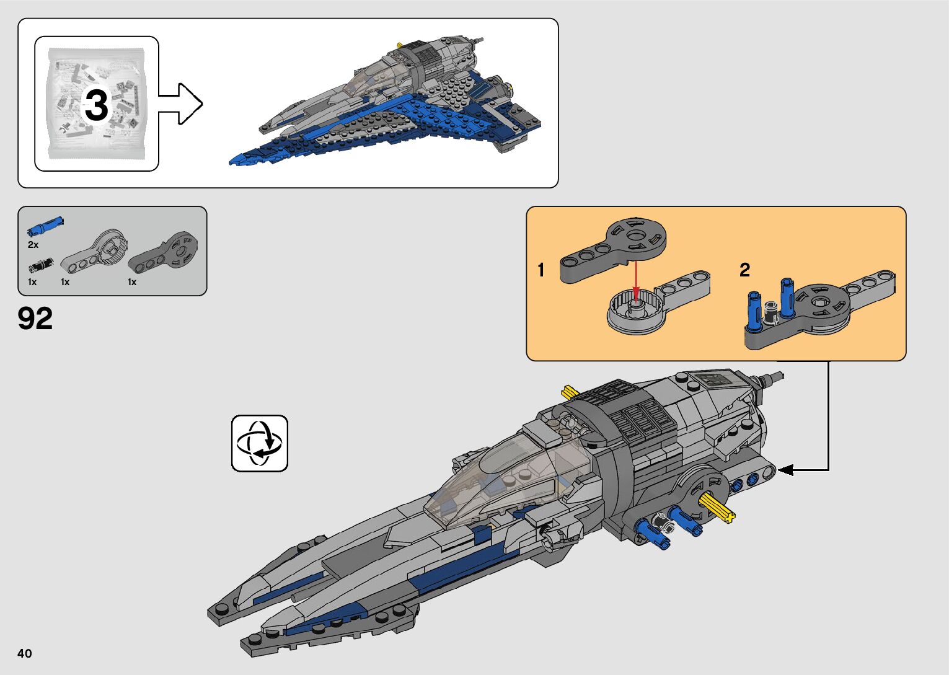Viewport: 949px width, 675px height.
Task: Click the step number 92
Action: pos(35,319)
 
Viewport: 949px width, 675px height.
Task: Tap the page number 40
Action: pos(25,653)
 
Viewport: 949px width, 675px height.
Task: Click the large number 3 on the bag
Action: pos(96,105)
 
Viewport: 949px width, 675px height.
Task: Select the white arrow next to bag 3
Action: pos(181,104)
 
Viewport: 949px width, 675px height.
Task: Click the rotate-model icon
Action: pos(260,443)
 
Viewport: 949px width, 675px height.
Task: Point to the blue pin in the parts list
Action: pos(45,226)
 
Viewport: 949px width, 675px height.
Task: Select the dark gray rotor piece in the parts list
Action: pos(165,252)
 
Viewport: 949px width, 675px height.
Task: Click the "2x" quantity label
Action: pos(33,245)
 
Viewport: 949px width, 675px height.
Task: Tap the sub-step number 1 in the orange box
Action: pos(541,270)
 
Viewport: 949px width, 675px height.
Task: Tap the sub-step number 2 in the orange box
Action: pos(744,270)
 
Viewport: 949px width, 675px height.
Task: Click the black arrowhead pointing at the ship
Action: pos(785,470)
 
